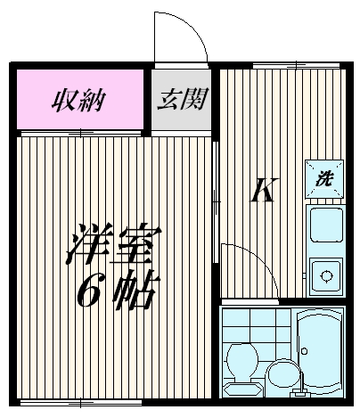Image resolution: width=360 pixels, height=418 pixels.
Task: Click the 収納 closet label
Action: click(78, 98)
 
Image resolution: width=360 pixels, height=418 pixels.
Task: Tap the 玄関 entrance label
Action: click(182, 99)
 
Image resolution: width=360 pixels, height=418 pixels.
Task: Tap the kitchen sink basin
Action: click(324, 227)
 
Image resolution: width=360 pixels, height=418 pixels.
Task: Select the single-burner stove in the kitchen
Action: click(324, 275)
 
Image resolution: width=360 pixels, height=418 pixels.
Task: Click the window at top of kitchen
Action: click(283, 65)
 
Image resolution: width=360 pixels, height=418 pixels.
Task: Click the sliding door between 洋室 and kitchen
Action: click(215, 196)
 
